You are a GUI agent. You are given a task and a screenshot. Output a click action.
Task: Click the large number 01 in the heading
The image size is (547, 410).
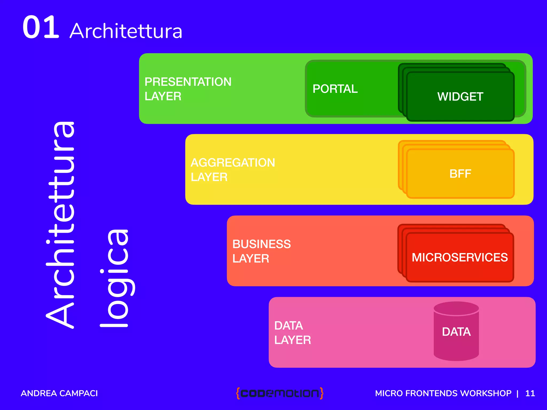click(41, 27)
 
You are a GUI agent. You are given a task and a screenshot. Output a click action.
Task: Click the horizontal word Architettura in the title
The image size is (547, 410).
click(126, 31)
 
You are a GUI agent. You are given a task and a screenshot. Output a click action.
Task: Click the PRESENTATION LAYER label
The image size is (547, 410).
click(188, 89)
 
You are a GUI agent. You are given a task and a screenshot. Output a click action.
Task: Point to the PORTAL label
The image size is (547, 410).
click(335, 89)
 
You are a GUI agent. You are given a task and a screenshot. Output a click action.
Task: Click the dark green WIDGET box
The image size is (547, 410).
click(460, 97)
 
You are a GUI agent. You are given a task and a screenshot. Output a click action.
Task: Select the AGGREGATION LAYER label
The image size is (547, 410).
click(233, 170)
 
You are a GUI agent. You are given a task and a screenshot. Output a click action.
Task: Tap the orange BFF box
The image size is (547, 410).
click(460, 174)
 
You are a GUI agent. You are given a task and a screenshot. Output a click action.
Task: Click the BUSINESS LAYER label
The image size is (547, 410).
click(261, 251)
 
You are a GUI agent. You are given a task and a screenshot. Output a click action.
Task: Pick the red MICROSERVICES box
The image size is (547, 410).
click(460, 257)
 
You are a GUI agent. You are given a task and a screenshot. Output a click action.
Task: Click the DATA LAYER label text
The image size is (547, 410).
click(292, 333)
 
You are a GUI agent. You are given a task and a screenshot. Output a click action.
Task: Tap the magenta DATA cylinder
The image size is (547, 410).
click(456, 336)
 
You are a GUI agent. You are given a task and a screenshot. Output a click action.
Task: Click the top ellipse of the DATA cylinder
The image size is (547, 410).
click(456, 308)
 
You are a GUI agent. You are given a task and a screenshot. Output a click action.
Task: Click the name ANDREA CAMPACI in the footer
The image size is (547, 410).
click(59, 393)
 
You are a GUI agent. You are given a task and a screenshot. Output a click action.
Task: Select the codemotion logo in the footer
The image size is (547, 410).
click(280, 393)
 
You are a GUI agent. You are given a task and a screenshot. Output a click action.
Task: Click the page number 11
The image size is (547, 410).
click(530, 393)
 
